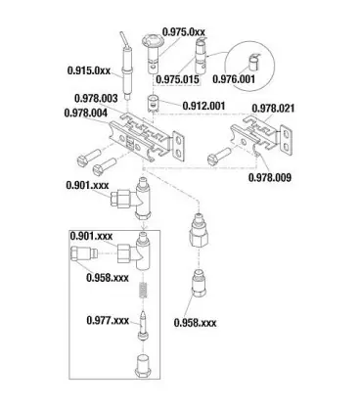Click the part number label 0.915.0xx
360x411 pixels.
[x=89, y=70]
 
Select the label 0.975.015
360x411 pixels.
[x=177, y=79]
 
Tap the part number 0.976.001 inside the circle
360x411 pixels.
[x=234, y=79]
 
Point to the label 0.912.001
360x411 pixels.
[x=203, y=106]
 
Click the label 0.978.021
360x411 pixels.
[x=273, y=109]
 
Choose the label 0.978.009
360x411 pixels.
[x=270, y=177]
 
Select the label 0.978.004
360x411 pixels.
[x=86, y=114]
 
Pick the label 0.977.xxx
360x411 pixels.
[x=108, y=320]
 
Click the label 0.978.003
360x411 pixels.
[x=96, y=98]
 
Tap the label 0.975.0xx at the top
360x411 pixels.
[x=184, y=32]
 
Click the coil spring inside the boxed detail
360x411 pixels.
[x=143, y=290]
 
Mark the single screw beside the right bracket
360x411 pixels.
[x=219, y=156]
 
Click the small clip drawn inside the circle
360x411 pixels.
[x=253, y=62]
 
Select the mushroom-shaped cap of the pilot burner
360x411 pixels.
[x=151, y=41]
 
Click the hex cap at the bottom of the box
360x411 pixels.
[x=143, y=366]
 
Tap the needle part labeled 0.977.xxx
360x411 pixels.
[x=143, y=326]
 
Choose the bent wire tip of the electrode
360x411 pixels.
[x=123, y=39]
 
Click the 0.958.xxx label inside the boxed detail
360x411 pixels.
[x=108, y=278]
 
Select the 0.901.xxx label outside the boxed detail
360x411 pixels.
[x=87, y=185]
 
